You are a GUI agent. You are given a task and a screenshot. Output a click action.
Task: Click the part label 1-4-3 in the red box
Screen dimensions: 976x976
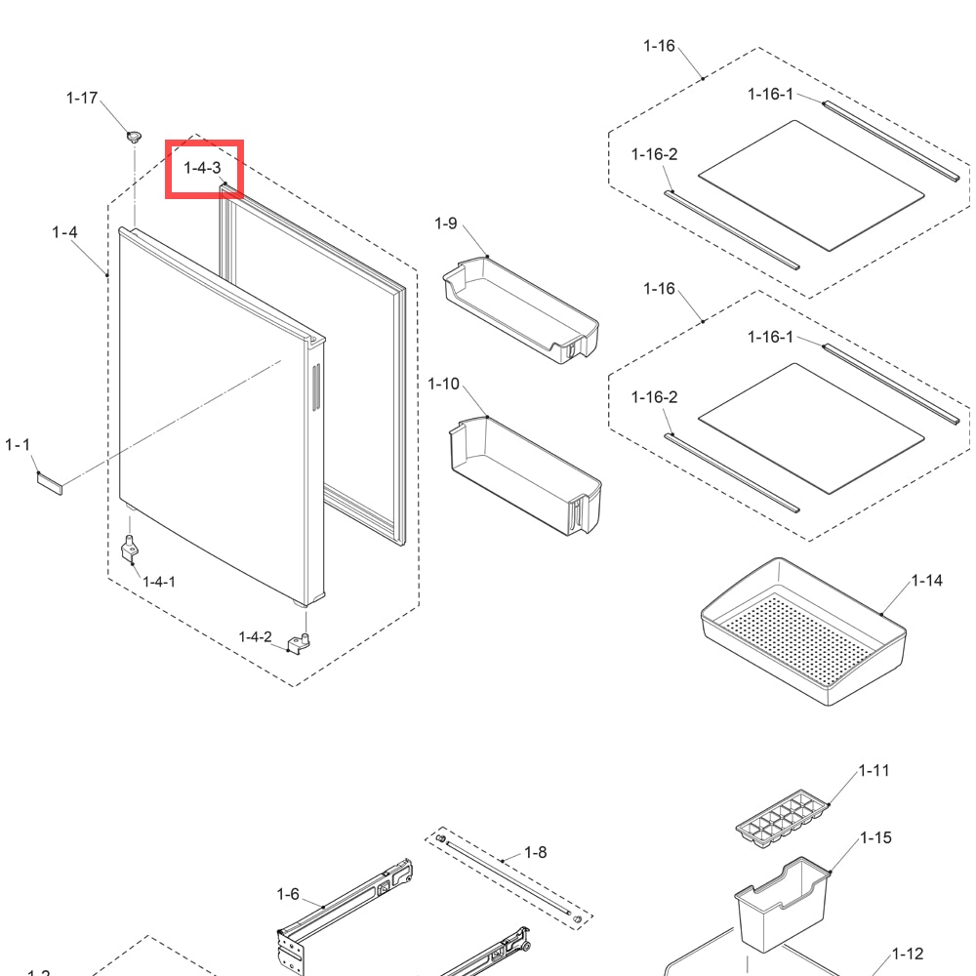point(202,168)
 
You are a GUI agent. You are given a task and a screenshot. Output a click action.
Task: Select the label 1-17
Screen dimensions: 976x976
point(82,98)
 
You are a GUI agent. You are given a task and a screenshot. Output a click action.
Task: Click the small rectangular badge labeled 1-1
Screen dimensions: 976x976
point(50,483)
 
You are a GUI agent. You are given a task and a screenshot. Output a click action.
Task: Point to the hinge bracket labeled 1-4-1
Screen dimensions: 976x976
point(130,549)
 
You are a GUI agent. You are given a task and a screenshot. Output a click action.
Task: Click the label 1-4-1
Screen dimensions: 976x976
point(159,582)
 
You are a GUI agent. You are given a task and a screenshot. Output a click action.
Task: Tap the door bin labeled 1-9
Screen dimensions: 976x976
point(521,310)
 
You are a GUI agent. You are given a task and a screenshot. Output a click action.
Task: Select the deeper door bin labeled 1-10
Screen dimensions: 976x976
point(525,476)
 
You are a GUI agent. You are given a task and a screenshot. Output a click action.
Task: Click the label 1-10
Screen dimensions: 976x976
point(443,384)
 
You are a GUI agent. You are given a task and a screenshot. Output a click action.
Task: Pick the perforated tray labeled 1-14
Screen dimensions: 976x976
point(803,631)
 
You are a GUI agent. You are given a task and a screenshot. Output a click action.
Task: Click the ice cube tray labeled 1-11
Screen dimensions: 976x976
point(783,819)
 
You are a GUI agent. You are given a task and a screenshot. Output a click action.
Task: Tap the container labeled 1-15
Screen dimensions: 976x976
point(783,905)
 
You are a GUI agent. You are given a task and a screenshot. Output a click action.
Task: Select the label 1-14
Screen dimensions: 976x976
point(927,580)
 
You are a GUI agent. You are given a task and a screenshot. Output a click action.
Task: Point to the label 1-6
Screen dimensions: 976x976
point(288,894)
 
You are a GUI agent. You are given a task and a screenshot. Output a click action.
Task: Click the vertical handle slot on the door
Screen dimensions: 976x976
point(316,387)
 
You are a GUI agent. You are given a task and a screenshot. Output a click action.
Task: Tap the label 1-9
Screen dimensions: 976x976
point(446,223)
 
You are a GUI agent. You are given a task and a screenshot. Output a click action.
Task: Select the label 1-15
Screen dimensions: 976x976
point(875,837)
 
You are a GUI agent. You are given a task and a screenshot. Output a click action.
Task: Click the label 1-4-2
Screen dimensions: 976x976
point(255,636)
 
